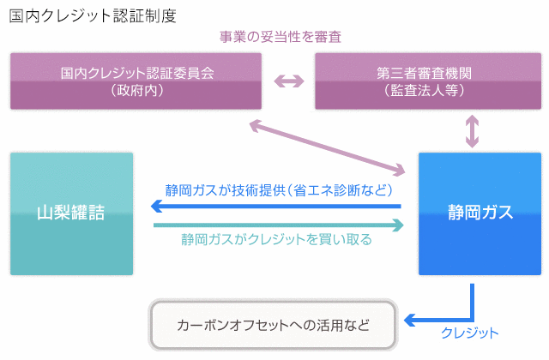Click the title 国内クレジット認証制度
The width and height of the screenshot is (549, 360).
[93, 16]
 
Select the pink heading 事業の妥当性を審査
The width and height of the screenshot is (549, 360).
[281, 37]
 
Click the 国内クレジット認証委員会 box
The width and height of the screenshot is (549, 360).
[136, 81]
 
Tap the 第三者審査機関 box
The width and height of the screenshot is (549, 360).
[428, 81]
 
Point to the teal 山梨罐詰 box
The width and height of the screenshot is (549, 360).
[72, 213]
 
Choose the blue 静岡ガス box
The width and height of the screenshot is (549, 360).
[480, 213]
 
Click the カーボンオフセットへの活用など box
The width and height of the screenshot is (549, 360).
[273, 325]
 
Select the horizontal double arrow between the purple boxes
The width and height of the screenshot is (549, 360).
[289, 81]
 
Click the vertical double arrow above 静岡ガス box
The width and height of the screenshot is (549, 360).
[472, 131]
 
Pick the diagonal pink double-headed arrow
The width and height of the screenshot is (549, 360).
[328, 147]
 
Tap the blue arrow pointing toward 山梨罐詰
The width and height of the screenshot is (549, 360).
[276, 206]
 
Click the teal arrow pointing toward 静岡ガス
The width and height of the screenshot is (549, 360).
[279, 225]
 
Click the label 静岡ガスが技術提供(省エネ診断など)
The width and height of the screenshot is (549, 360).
[279, 190]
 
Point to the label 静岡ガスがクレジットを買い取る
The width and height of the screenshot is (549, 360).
[276, 240]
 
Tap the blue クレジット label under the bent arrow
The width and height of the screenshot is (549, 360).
[469, 333]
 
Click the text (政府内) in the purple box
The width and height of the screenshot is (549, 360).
[137, 90]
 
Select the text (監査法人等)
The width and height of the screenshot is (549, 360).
[424, 90]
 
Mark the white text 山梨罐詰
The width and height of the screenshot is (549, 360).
[71, 213]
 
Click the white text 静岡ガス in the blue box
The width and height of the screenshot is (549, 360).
[480, 212]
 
